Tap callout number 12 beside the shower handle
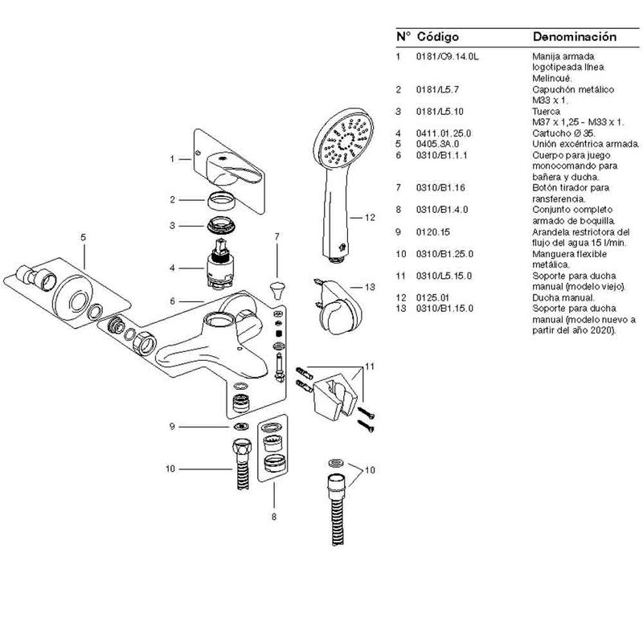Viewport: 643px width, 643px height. [x=370, y=217]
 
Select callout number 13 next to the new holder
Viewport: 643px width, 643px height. [x=370, y=287]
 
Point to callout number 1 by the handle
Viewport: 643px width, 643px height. [x=171, y=159]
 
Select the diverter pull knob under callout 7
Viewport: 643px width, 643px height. [x=277, y=287]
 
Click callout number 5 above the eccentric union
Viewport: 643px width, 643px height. [x=83, y=238]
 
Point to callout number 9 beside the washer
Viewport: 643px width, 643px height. [x=170, y=427]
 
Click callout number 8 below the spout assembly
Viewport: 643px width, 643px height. [x=273, y=517]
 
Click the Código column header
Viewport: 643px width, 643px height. [x=437, y=37]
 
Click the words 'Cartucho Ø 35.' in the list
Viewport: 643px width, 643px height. [x=563, y=133]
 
